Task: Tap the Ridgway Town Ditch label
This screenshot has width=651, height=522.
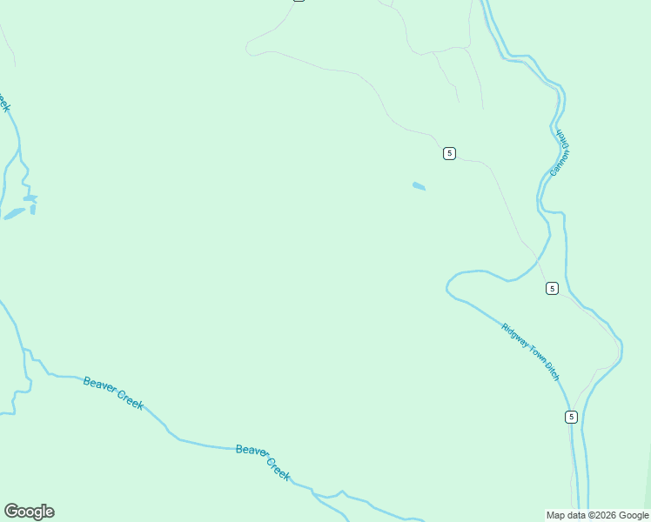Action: click(530, 351)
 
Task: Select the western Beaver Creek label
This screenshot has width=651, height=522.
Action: click(113, 393)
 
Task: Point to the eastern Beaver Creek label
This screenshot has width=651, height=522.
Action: click(263, 462)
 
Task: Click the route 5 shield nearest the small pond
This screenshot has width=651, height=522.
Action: click(449, 153)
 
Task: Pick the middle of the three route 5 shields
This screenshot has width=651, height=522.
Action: click(552, 288)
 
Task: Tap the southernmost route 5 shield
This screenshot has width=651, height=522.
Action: click(571, 417)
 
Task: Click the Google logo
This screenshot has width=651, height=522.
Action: click(29, 512)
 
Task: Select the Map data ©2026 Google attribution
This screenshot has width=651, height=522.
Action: click(597, 515)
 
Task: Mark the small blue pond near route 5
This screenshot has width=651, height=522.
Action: click(419, 186)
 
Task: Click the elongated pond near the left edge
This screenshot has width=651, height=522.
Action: click(15, 213)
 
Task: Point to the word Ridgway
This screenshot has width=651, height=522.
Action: click(514, 336)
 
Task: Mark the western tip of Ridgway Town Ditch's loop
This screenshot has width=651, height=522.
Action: click(447, 284)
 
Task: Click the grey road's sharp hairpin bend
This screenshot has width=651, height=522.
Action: click(248, 47)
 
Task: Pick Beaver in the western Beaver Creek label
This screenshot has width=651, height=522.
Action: click(99, 386)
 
